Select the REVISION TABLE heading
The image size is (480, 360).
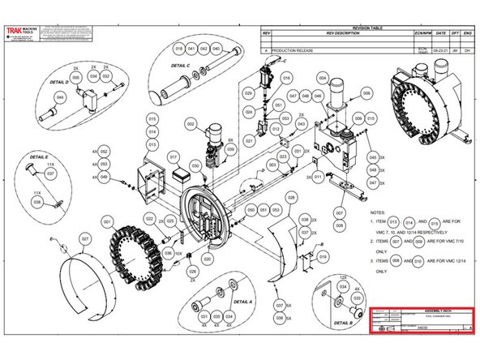pos(367,26)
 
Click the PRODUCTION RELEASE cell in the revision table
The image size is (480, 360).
pos(295,50)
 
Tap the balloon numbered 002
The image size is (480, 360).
pos(191,124)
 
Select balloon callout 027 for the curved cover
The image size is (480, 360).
pos(84,238)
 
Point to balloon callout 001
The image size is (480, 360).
pos(106,220)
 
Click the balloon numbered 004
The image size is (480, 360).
pos(322,78)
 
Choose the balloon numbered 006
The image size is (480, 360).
pos(366,93)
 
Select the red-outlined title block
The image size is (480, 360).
pos(421,320)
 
